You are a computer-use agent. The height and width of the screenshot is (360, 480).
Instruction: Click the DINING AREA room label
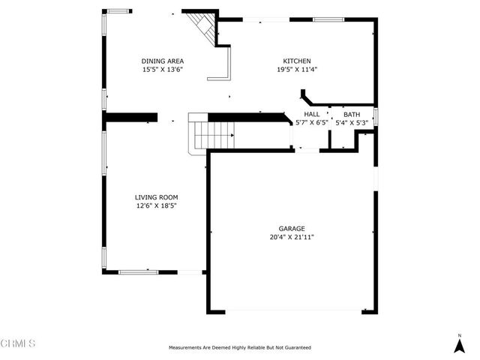point(163,61)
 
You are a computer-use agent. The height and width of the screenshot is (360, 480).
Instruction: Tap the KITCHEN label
point(296,61)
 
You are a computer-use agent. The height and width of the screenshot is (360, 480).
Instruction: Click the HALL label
point(312,114)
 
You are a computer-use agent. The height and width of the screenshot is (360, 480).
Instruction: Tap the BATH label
point(352,114)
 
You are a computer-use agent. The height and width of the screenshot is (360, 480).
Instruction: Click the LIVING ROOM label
point(156,197)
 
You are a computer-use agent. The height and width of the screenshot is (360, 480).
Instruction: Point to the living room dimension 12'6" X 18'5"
point(156,205)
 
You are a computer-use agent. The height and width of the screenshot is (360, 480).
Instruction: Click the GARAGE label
point(292,229)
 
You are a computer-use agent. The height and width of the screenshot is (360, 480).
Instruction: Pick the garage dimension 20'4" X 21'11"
point(292,237)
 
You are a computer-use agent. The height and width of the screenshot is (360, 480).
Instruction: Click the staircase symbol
point(214,136)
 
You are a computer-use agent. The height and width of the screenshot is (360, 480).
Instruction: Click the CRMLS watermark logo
point(19,343)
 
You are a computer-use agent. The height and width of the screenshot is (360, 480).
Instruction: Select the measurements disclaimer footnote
point(239,348)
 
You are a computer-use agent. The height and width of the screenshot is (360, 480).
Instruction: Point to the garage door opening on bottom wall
point(292,311)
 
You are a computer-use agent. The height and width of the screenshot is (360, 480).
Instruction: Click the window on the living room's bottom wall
point(138,271)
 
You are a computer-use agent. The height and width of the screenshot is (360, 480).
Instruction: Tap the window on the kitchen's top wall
point(328,19)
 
